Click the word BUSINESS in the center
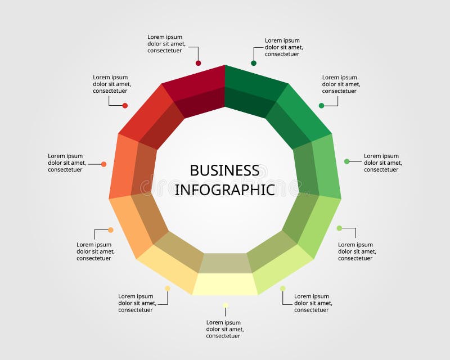(224, 170)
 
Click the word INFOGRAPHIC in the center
(224, 190)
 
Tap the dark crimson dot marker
(198, 64)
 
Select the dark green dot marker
(254, 63)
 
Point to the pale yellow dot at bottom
(225, 305)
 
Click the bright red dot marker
(125, 106)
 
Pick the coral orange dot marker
(104, 164)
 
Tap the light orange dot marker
(111, 229)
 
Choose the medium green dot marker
(322, 105)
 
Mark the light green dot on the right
(347, 161)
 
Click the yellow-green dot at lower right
(283, 288)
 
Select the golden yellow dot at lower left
(167, 288)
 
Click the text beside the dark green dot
(284, 47)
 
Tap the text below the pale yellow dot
(225, 329)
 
